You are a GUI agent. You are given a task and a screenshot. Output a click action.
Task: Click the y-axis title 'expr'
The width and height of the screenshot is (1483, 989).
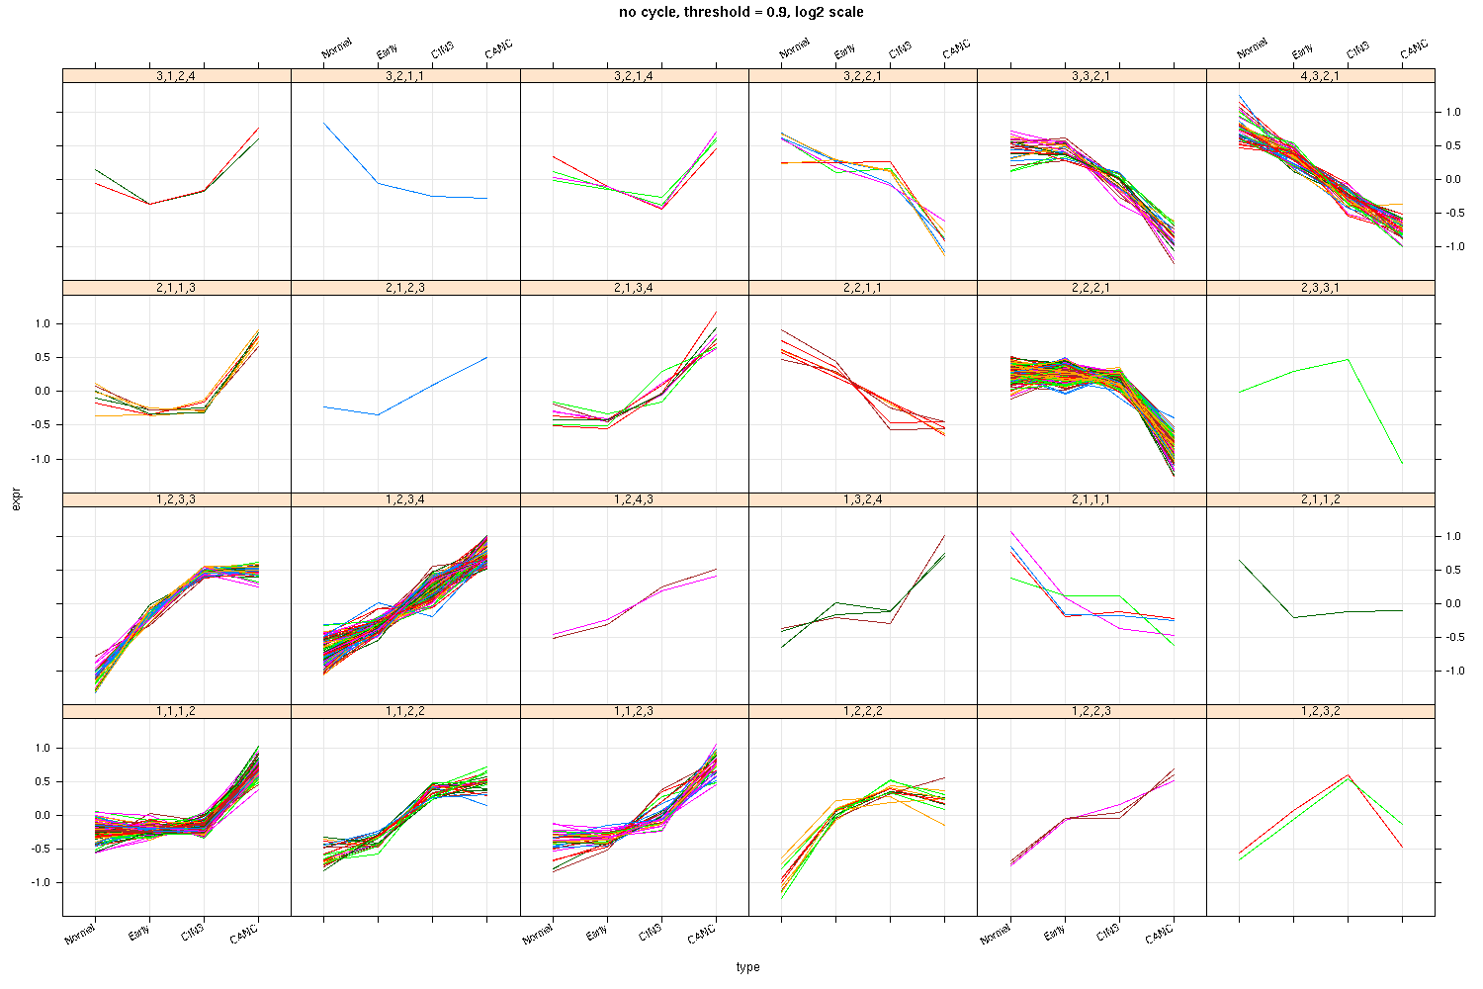point(15,501)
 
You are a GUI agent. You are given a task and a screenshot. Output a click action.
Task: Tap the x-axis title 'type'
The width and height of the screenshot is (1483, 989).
point(747,967)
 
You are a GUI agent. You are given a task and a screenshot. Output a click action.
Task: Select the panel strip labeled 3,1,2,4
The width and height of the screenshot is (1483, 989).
point(176,75)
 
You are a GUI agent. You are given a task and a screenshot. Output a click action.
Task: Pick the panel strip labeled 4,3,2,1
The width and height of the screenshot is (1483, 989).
point(1320,75)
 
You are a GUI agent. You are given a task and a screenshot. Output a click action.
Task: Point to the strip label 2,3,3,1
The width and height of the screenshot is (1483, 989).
point(1320,288)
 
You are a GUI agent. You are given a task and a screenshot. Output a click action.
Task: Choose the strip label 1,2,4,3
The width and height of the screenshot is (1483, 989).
point(634,499)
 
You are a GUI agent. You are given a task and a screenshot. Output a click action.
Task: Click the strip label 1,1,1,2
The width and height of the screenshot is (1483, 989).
point(176,711)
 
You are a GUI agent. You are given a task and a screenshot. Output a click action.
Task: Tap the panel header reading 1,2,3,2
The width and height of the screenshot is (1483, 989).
point(1320,711)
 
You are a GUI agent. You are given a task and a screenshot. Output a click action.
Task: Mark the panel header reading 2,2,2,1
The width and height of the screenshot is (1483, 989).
point(1091,288)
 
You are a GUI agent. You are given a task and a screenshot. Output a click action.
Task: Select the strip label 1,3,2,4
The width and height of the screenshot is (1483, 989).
point(862,499)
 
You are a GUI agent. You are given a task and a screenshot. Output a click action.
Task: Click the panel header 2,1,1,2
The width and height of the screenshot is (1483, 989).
point(1320,499)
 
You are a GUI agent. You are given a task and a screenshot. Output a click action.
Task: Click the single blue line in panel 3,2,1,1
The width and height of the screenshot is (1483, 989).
point(379,183)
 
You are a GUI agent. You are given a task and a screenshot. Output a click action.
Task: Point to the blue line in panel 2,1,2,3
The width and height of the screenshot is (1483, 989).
point(432,386)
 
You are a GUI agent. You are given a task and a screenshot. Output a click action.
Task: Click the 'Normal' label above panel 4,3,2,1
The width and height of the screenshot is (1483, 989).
point(1252,49)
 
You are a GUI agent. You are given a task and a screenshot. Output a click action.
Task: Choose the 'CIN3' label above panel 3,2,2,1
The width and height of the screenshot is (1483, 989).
point(900,50)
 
